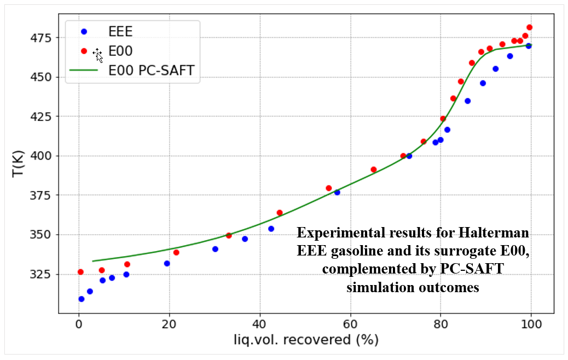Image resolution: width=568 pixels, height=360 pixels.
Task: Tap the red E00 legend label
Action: point(120,51)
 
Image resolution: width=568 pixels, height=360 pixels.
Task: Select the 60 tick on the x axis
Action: point(350,324)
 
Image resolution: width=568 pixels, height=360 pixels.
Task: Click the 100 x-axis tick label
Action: point(531,324)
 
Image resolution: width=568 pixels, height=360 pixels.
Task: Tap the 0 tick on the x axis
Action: point(79,324)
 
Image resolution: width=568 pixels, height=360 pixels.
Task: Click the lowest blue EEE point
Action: point(81,299)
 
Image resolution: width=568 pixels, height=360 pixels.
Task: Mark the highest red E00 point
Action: point(529,27)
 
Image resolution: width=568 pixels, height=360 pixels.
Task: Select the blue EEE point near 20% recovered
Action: point(167,263)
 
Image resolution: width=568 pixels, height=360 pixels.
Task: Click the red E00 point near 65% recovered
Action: point(373,170)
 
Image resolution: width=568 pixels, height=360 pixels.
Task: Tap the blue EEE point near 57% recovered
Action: point(337,192)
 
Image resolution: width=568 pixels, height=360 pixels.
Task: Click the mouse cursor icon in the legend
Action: point(98,55)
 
